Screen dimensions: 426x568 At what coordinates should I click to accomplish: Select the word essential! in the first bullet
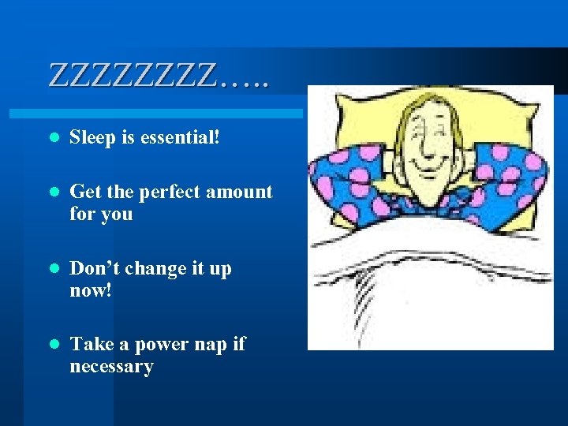(x=180, y=138)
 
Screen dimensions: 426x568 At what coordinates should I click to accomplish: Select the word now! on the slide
(x=91, y=290)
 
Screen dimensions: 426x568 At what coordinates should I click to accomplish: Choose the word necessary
(x=111, y=367)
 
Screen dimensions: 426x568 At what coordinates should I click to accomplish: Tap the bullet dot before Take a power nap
(x=53, y=346)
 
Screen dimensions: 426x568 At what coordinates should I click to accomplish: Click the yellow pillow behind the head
(x=355, y=126)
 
